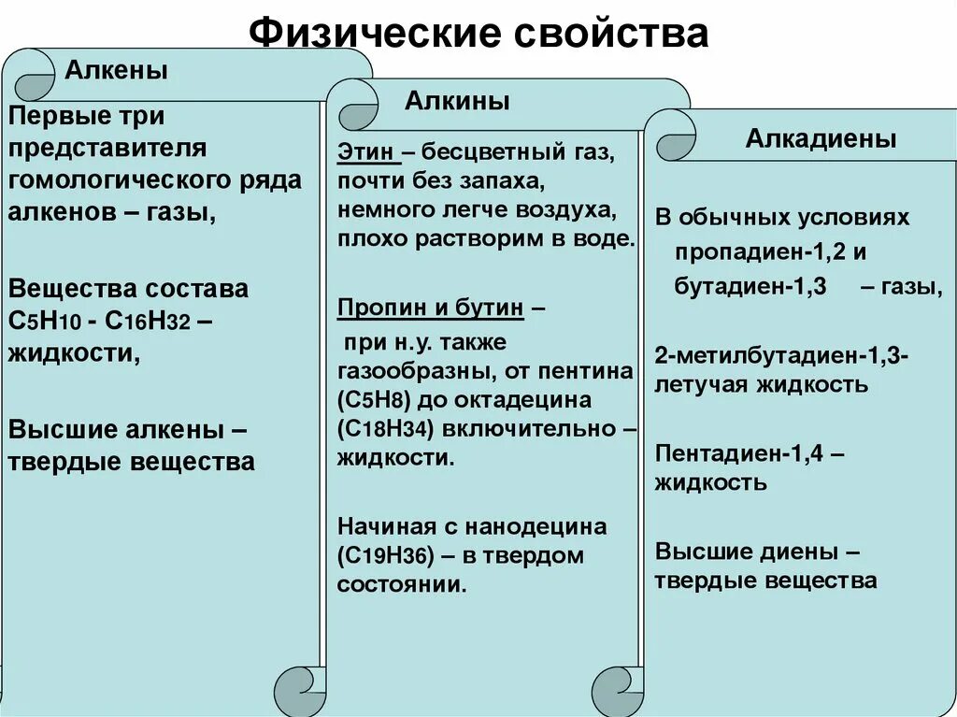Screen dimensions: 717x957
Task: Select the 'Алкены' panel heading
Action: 116,71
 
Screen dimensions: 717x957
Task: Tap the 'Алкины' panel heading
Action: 457,102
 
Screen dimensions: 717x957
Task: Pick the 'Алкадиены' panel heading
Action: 821,139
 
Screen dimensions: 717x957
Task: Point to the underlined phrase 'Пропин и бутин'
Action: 433,308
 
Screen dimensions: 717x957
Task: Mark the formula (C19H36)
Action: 383,556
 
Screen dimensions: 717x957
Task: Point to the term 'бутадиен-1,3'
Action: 750,287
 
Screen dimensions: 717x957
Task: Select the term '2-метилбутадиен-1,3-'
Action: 782,355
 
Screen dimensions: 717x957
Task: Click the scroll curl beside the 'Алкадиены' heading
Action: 676,143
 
